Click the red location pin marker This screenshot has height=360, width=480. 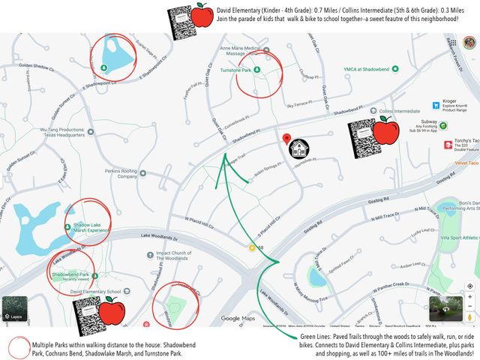(286, 139)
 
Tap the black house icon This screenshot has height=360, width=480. (299, 147)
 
